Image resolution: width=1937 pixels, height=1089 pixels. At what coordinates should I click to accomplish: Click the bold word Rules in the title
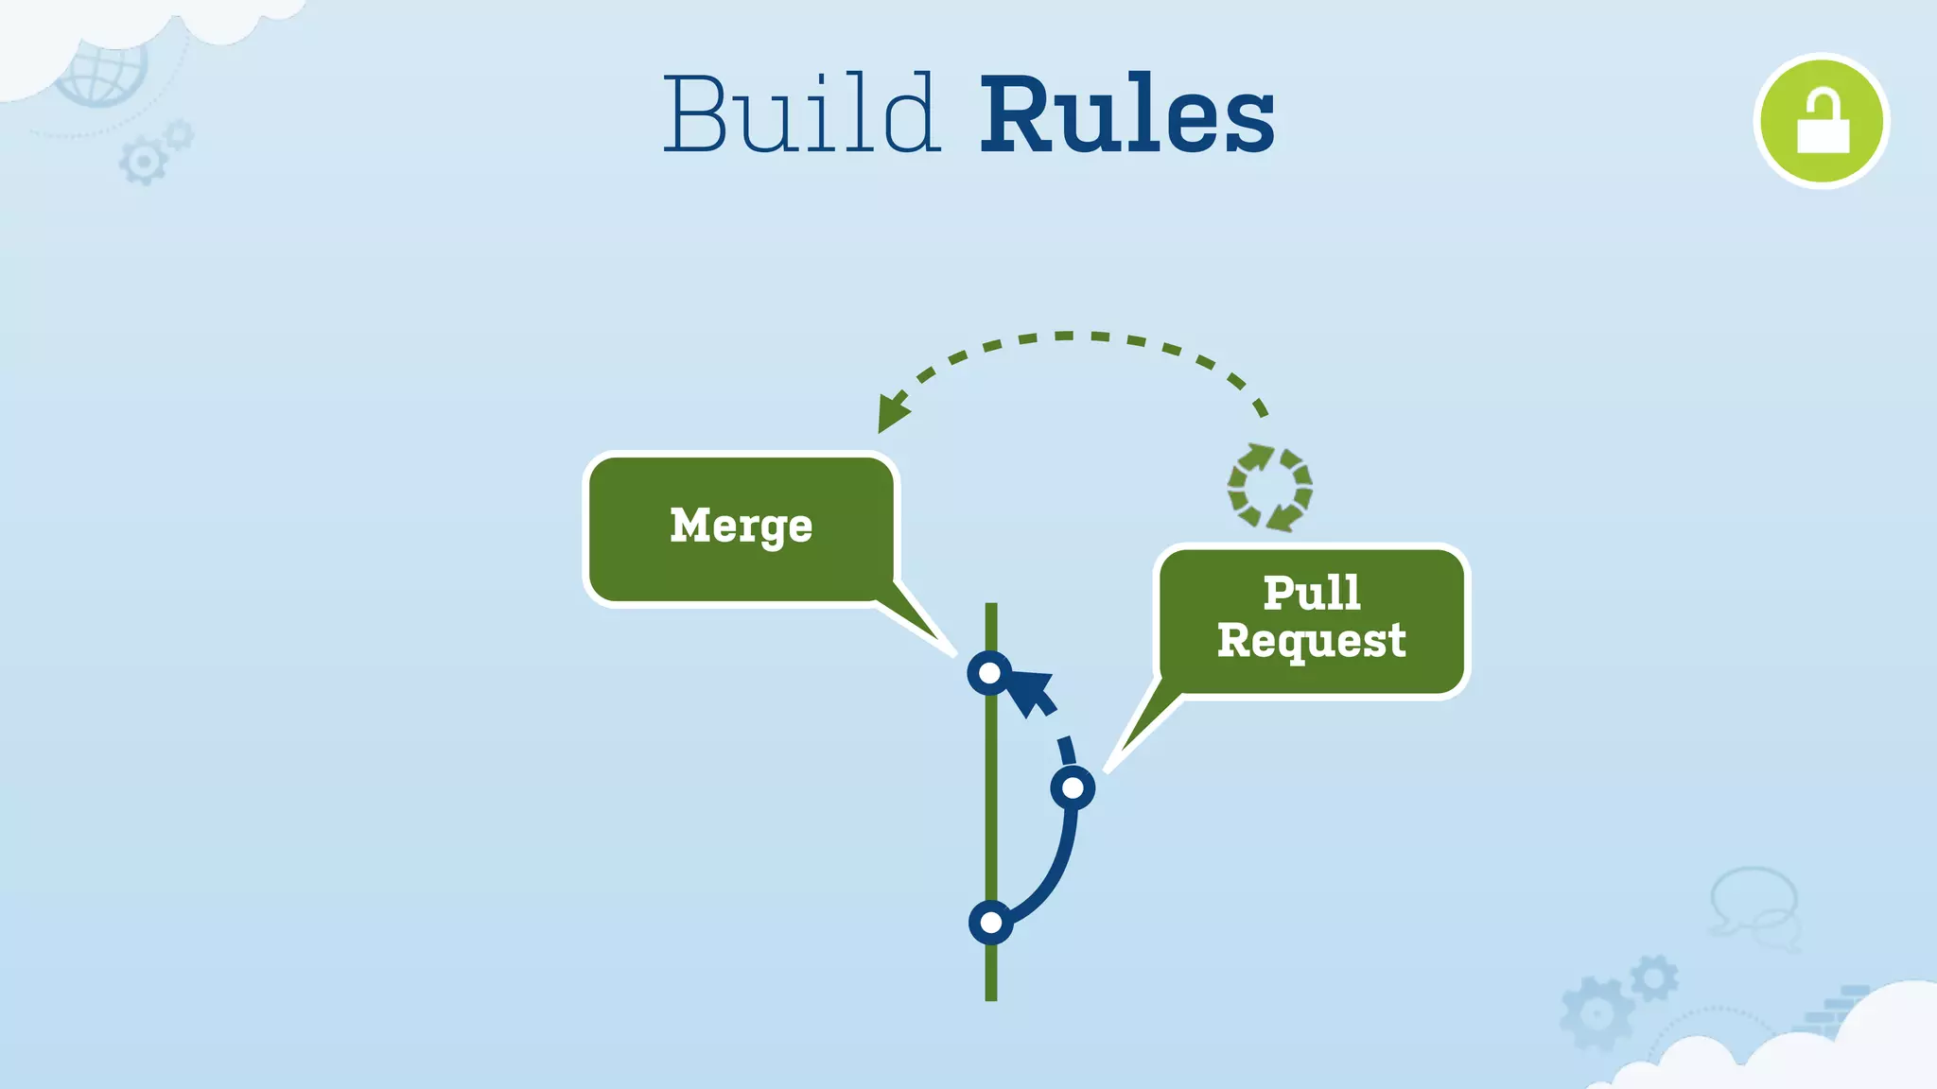click(x=1126, y=115)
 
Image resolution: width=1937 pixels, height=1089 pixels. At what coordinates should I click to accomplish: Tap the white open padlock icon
click(x=1822, y=122)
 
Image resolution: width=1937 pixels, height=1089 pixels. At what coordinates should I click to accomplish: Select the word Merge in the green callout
click(x=741, y=526)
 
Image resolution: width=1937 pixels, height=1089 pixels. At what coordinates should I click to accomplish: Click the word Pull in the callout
click(x=1312, y=593)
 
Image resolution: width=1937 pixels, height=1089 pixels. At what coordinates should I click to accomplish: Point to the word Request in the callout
click(x=1311, y=641)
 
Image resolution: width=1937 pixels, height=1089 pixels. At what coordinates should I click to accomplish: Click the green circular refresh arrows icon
click(x=1269, y=488)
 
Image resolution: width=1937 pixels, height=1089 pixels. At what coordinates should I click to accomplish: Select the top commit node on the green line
click(x=989, y=673)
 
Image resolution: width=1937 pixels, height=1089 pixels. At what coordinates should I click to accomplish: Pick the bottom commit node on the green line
click(x=990, y=922)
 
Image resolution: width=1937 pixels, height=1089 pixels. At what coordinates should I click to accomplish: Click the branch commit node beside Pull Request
click(x=1073, y=787)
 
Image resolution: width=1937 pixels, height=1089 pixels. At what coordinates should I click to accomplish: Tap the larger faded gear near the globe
click(x=143, y=162)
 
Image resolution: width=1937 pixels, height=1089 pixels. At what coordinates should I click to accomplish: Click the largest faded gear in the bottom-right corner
click(x=1597, y=1014)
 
